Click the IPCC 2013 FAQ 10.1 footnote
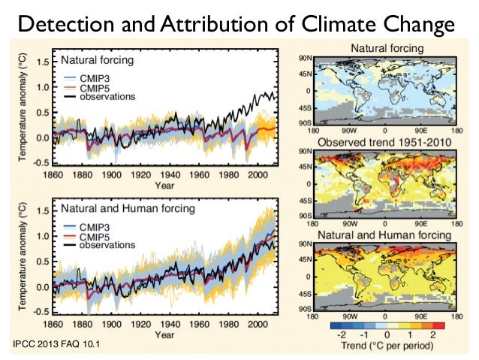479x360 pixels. coord(53,346)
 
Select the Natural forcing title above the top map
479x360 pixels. coord(385,49)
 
